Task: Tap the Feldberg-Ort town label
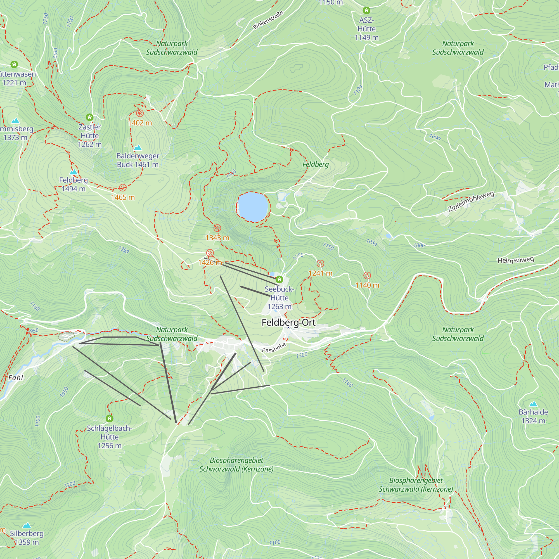click(x=288, y=322)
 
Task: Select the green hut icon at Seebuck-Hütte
click(x=279, y=279)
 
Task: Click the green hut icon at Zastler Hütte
click(x=90, y=117)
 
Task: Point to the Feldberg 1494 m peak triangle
click(x=74, y=172)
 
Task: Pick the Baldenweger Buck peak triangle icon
click(x=138, y=148)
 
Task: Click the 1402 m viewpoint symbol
click(x=140, y=113)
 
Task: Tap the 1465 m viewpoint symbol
click(x=123, y=188)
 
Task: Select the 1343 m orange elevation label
click(x=217, y=238)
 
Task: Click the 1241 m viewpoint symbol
click(x=320, y=264)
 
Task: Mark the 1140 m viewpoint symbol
click(x=367, y=276)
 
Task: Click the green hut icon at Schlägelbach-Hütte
click(x=109, y=418)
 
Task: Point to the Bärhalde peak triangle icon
click(x=533, y=404)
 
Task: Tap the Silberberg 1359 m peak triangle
click(x=27, y=525)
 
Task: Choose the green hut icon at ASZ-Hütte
click(x=366, y=11)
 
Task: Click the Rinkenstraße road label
click(x=268, y=20)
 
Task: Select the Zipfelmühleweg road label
click(x=471, y=201)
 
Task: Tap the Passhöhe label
click(x=274, y=347)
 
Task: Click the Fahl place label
click(x=16, y=378)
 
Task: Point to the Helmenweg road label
click(x=516, y=260)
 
